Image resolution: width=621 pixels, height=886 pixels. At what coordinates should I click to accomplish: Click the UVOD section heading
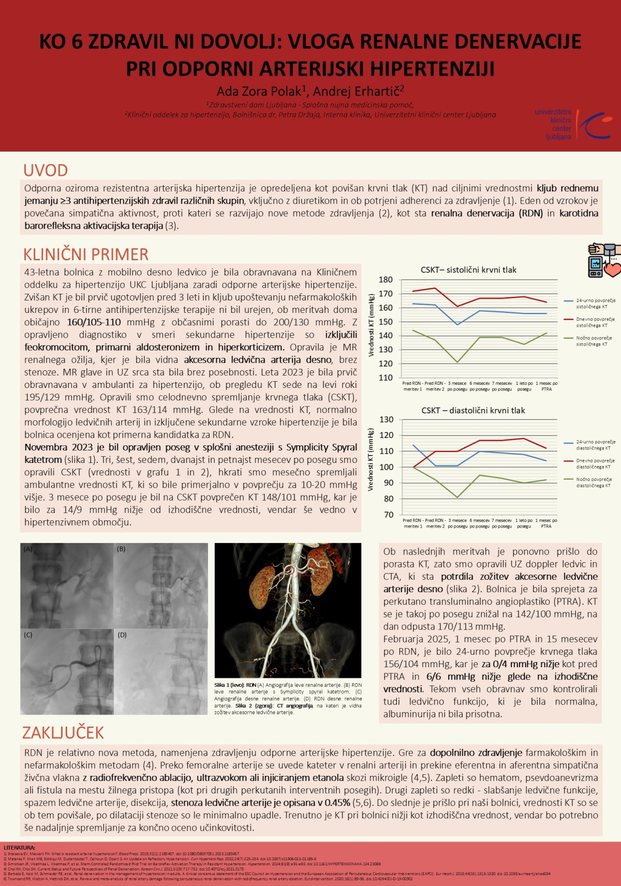click(46, 170)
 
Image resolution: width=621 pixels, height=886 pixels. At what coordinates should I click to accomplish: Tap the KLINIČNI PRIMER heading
click(86, 254)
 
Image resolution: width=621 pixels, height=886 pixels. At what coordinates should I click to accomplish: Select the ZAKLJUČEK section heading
click(63, 732)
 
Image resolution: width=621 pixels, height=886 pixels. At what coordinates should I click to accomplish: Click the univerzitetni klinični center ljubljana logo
click(572, 124)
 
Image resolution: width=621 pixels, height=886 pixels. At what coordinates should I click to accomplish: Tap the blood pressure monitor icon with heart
click(603, 260)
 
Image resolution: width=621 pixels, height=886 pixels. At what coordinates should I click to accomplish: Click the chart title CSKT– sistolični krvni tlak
click(468, 269)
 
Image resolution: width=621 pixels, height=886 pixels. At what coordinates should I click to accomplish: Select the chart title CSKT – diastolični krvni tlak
click(473, 410)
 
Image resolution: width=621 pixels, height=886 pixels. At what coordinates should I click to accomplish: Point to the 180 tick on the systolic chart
click(386, 280)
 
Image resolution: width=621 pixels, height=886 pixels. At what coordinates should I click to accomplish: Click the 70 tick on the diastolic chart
click(388, 515)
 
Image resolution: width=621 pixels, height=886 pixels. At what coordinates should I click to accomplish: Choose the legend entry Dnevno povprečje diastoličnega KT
click(595, 463)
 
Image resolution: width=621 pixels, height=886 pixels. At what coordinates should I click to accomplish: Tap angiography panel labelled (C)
click(67, 671)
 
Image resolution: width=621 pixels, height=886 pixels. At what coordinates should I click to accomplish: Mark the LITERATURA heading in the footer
click(20, 848)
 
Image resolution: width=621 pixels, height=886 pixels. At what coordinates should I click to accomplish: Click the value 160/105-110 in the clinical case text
click(94, 322)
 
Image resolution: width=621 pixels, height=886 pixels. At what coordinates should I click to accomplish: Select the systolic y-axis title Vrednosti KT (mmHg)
click(372, 325)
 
